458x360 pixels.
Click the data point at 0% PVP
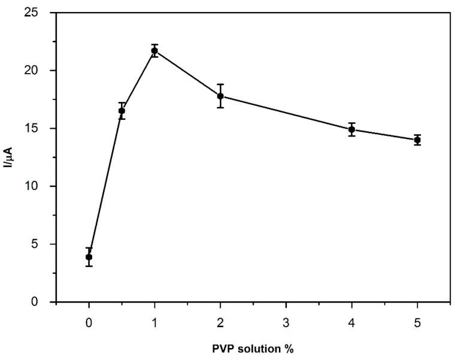89,257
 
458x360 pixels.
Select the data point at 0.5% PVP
122,111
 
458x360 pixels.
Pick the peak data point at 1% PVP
154,51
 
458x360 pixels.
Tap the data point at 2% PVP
220,96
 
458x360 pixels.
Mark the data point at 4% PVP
351,129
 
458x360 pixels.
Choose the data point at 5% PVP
417,140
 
